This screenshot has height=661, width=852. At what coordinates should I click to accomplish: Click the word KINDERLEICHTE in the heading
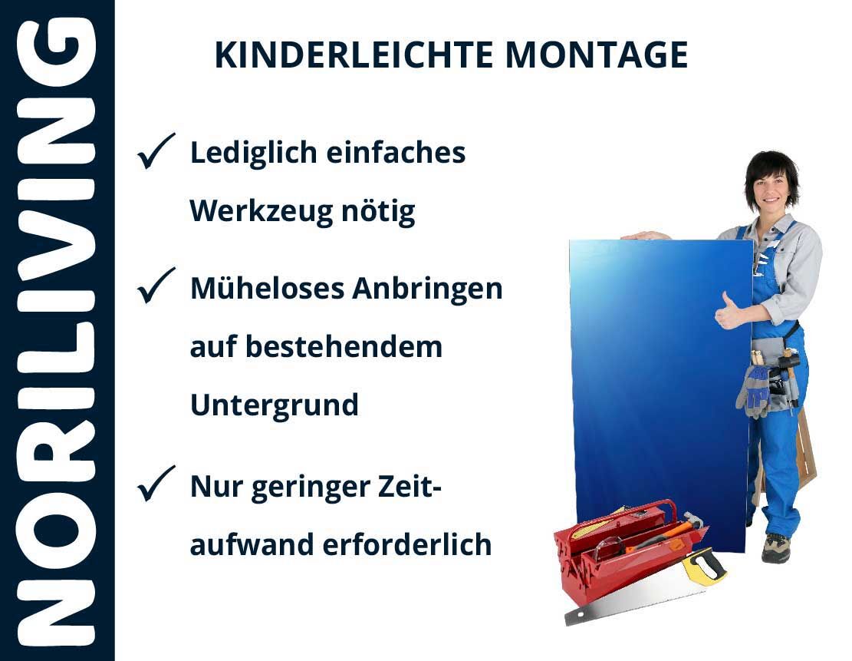354,55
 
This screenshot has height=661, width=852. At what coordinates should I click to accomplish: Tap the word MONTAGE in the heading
596,55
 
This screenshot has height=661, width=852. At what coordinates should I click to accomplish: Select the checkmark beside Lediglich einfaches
156,150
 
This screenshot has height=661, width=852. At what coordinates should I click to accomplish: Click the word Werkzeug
261,212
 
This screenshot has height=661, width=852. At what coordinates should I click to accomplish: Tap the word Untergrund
275,405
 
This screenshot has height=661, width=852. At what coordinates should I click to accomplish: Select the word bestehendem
344,346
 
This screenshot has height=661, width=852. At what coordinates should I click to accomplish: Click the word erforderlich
407,544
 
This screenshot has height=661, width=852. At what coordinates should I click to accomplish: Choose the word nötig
378,212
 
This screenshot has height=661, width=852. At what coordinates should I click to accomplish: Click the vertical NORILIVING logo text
57,332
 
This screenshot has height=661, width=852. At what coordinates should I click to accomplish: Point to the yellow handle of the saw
704,567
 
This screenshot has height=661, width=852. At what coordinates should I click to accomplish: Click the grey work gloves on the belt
754,389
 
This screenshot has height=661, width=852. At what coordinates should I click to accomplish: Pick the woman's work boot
775,547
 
